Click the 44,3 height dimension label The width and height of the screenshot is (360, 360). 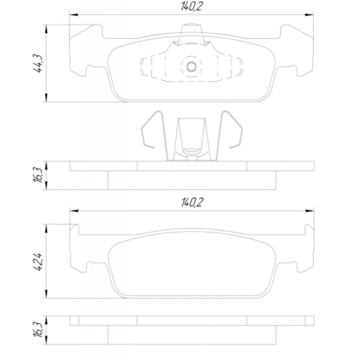[x=38, y=64]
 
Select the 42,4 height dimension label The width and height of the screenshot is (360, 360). [x=38, y=262]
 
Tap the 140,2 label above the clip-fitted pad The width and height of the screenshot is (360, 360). [x=192, y=6]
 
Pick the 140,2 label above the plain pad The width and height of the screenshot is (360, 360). [x=192, y=202]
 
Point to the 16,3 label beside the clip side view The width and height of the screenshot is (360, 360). [x=38, y=175]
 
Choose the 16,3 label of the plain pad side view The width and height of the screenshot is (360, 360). [x=38, y=330]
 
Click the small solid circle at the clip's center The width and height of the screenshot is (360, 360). [x=191, y=67]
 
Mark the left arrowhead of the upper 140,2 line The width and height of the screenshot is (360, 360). [x=74, y=15]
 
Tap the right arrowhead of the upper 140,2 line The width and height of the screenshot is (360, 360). [x=309, y=15]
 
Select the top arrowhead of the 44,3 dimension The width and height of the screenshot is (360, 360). [x=46, y=29]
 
